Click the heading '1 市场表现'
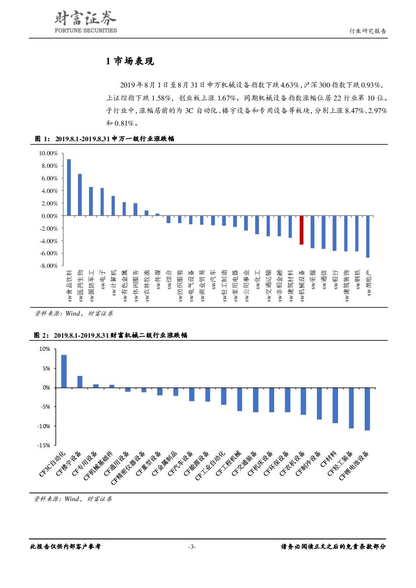(x=130, y=61)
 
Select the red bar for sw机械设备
(x=301, y=230)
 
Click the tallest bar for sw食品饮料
(x=69, y=187)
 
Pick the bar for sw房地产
(x=368, y=236)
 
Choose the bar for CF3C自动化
(x=64, y=371)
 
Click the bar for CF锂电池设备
(x=367, y=409)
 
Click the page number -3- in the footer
(x=192, y=547)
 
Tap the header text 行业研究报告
(x=368, y=31)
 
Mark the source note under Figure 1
(x=73, y=313)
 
